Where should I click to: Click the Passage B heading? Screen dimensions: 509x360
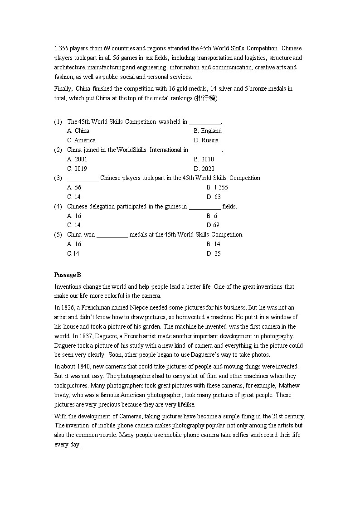(68, 275)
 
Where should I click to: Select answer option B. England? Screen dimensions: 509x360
(208, 131)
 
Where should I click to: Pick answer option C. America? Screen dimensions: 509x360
(81, 141)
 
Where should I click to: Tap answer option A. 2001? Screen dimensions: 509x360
(77, 160)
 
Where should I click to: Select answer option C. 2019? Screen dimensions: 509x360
(77, 169)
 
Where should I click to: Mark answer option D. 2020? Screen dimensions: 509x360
(204, 169)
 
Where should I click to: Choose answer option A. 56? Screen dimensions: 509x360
(74, 188)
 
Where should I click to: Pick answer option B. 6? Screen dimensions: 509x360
(212, 216)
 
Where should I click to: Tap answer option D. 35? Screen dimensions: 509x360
(214, 254)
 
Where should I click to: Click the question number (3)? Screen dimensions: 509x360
(58, 178)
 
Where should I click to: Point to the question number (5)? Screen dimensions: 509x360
(58, 235)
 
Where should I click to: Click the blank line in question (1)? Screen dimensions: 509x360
(204, 122)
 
